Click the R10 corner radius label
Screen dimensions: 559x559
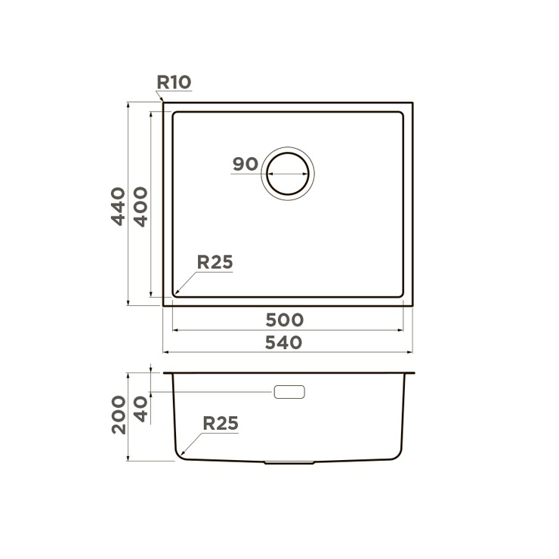[174, 82]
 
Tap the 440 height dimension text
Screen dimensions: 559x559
[119, 206]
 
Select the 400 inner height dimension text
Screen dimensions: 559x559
[141, 207]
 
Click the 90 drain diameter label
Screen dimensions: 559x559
[246, 164]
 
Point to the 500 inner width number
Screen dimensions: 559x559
[285, 320]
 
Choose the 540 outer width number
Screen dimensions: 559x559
[284, 343]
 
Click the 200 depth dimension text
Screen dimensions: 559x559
[119, 415]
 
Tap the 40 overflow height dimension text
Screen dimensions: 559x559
[141, 409]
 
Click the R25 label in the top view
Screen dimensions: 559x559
[215, 262]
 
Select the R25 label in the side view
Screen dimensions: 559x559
[221, 424]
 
